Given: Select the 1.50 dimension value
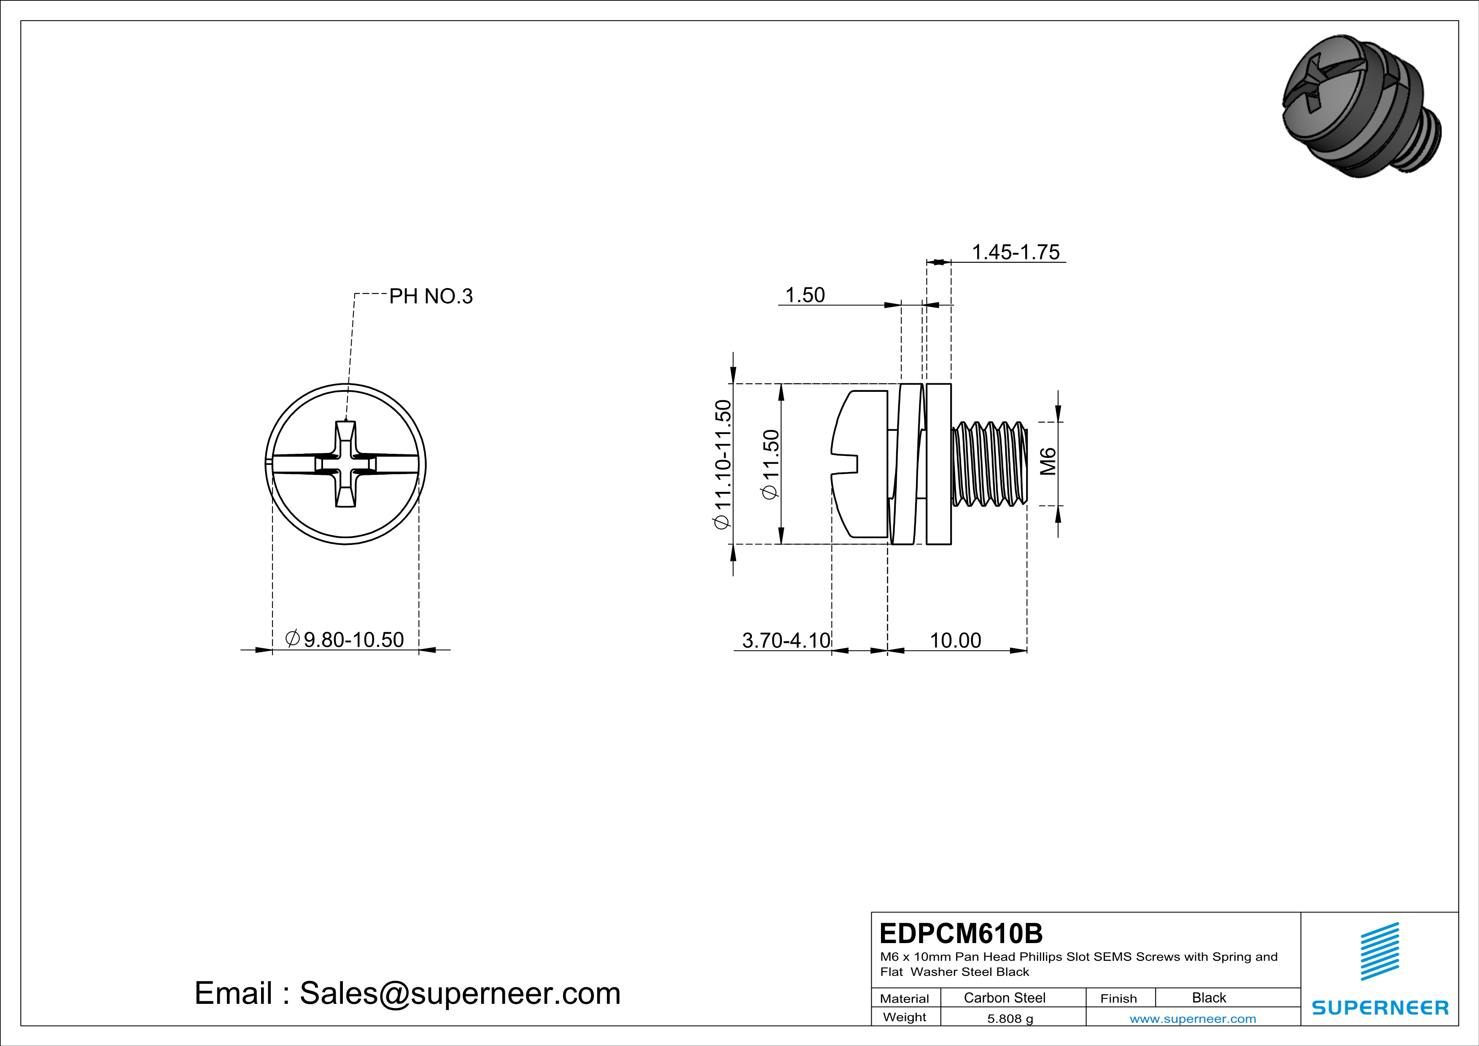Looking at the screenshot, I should pos(805,295).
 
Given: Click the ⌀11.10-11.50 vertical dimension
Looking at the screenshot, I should pos(723,464).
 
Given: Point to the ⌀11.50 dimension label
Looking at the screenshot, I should pos(771,464).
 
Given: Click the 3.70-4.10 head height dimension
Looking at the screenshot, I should pos(786,640).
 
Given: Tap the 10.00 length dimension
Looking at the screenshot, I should pos(955,640).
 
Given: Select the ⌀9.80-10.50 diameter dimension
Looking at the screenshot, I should pos(345,639).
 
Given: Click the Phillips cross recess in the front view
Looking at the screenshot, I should pos(346,464).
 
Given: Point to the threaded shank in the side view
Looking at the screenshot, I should pos(989,464).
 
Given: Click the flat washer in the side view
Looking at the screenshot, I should pos(938,464).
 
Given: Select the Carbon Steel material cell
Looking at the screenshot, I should pos(1004,997).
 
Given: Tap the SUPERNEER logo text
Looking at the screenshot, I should pos(1380,1007).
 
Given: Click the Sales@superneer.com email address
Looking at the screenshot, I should pos(460,993).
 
